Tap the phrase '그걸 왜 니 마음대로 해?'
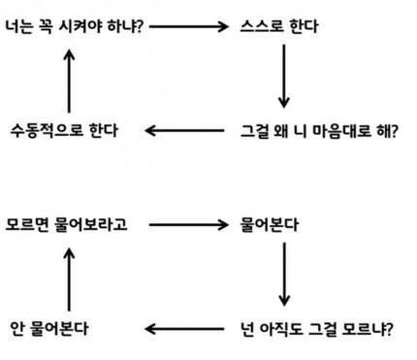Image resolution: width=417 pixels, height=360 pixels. [x=318, y=129]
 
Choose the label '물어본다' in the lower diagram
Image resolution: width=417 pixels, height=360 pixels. [x=271, y=223]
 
